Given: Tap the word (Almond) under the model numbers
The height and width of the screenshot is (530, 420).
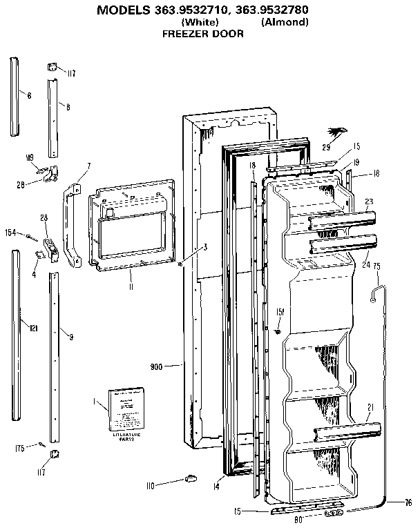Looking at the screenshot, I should click(285, 22).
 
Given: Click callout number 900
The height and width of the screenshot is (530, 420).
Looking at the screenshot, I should click(156, 366).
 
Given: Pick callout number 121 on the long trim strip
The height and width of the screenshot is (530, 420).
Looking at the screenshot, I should click(33, 329).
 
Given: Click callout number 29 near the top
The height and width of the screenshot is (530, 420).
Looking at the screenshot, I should click(327, 147).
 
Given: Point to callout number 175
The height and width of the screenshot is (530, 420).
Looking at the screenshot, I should click(20, 449).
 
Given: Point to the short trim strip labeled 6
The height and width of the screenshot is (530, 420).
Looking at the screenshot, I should click(16, 97).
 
